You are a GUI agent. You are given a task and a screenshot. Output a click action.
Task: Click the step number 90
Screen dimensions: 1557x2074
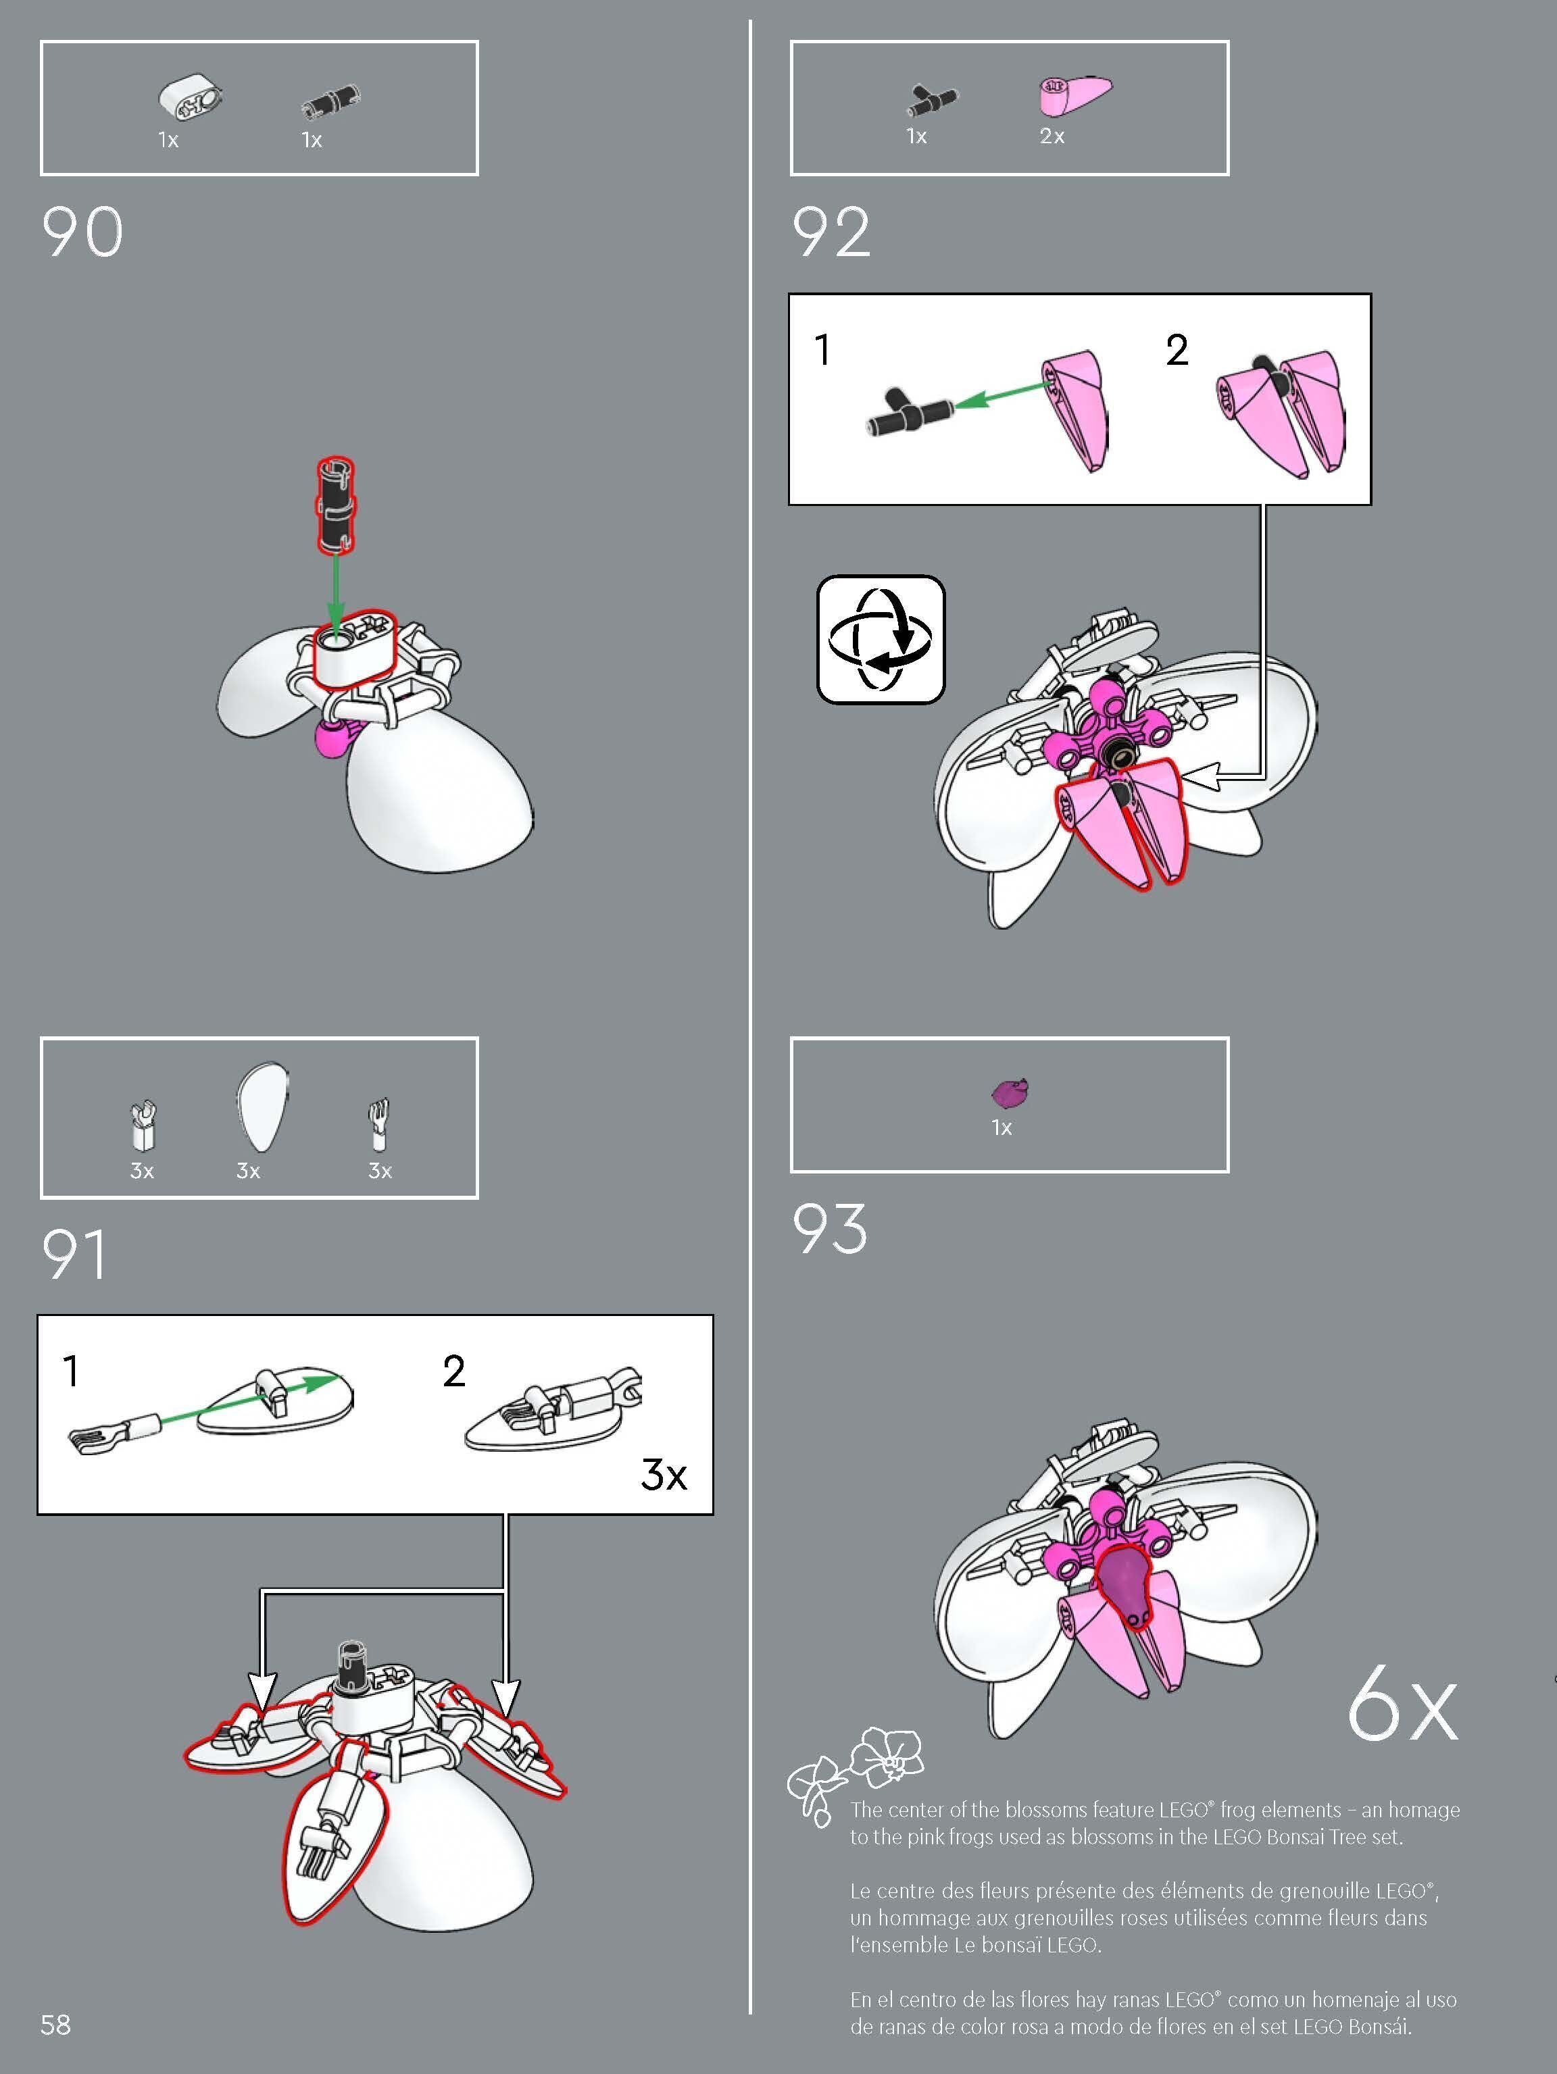(82, 232)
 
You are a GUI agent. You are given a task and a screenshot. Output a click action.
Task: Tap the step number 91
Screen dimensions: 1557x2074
(75, 1255)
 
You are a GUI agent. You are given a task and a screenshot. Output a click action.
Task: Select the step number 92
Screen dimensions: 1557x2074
(831, 232)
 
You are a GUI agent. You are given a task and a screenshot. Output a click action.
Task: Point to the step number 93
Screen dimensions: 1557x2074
(830, 1228)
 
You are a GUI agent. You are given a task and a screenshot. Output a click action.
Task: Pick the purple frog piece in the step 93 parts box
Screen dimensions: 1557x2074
(1010, 1091)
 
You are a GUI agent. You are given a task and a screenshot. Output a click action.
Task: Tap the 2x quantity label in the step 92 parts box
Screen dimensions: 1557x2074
(1052, 136)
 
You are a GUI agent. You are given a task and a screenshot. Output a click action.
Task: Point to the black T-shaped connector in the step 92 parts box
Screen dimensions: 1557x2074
(933, 99)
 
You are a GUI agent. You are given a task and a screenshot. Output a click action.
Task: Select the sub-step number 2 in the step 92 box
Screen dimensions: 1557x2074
(1177, 350)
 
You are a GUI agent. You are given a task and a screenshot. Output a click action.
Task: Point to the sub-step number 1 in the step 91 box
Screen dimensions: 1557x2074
(70, 1371)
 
